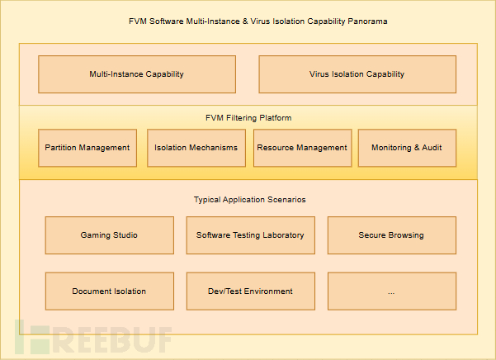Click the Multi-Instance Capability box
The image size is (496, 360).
pyautogui.click(x=136, y=74)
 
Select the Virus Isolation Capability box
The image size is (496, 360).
pyautogui.click(x=357, y=74)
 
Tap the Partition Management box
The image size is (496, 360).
pyautogui.click(x=87, y=148)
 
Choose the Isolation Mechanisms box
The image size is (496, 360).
pyautogui.click(x=196, y=148)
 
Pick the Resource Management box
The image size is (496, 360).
pyautogui.click(x=302, y=148)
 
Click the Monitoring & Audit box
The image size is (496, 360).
pyautogui.click(x=407, y=148)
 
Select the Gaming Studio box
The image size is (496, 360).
pyautogui.click(x=109, y=235)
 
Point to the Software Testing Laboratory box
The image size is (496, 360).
pyautogui.click(x=250, y=235)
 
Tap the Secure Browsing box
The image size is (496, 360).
pyautogui.click(x=391, y=235)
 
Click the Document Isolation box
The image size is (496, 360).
pyautogui.click(x=109, y=291)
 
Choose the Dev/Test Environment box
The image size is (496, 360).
pyautogui.click(x=250, y=291)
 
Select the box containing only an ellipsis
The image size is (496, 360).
pyautogui.click(x=391, y=291)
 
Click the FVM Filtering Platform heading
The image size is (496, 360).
pyautogui.click(x=248, y=118)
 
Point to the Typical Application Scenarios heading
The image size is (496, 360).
pyautogui.click(x=249, y=200)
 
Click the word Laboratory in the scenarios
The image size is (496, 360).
pyautogui.click(x=281, y=235)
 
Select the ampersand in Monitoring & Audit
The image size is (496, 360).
pyautogui.click(x=418, y=148)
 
